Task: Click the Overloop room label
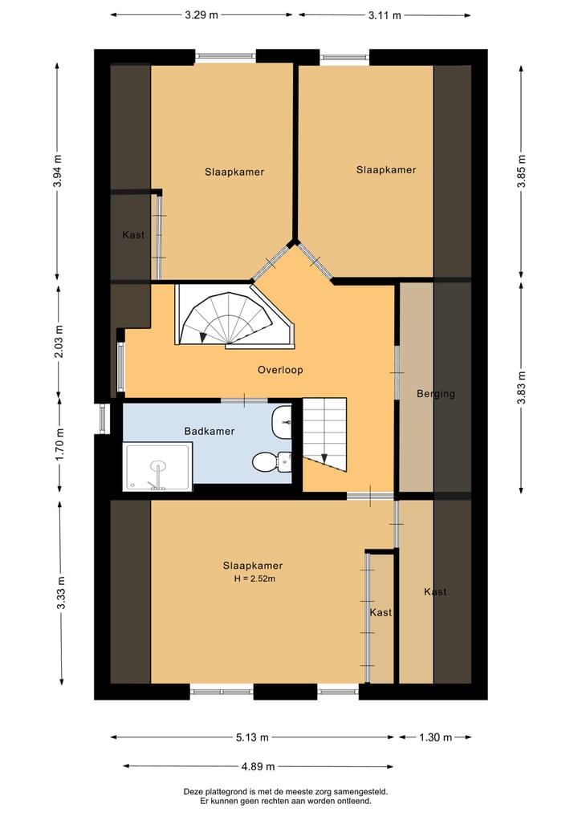280,370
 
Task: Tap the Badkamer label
210,431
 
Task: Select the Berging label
436,394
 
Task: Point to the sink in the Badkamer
281,421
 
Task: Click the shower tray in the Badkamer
158,466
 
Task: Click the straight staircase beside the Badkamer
325,435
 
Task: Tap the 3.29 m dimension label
201,15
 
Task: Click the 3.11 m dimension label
385,15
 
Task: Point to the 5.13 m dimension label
253,737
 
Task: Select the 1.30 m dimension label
436,737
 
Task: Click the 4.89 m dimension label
258,766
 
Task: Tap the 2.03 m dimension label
59,341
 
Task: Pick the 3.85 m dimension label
523,171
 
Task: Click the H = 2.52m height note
254,579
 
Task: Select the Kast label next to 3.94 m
133,235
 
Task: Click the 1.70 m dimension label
60,444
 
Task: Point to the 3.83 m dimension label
523,388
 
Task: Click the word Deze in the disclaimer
192,792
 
